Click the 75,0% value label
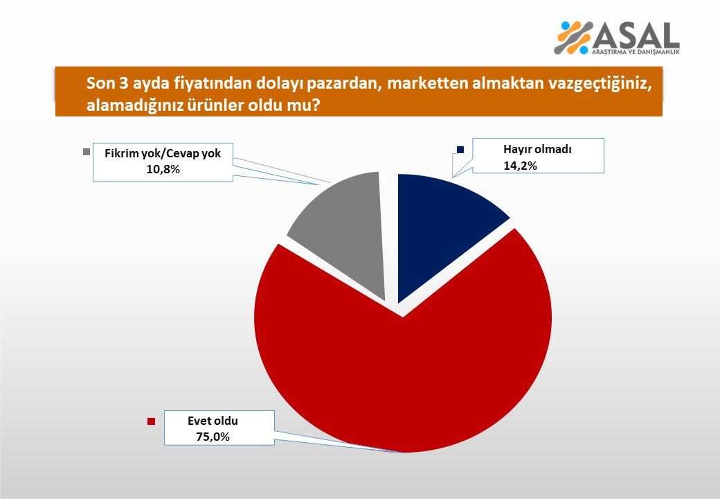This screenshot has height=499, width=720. [x=213, y=437]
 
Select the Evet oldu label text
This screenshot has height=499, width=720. [x=213, y=420]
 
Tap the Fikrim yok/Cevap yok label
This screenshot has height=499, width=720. [x=163, y=153]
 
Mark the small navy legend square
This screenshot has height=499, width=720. [x=460, y=150]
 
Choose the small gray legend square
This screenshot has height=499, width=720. [x=87, y=151]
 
